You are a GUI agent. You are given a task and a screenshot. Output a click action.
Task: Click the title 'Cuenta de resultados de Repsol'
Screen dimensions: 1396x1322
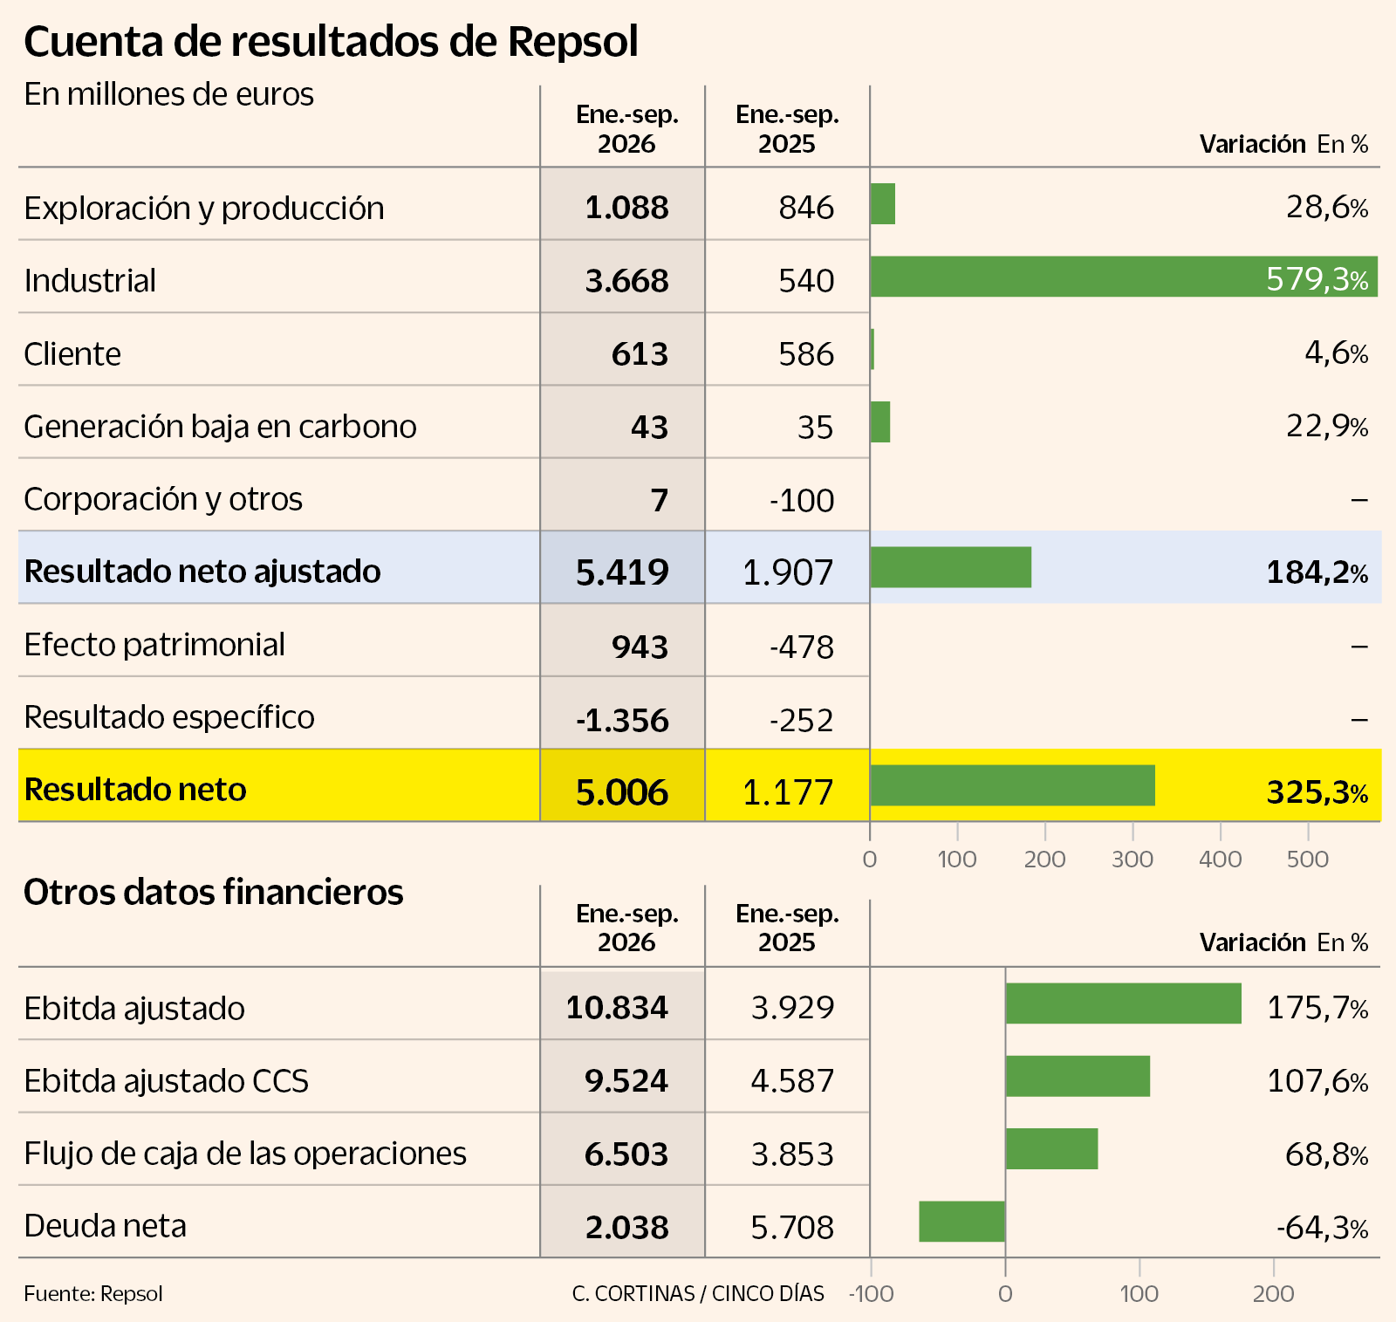click(x=331, y=43)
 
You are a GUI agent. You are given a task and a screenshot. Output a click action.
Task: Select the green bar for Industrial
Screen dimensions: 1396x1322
click(x=1124, y=277)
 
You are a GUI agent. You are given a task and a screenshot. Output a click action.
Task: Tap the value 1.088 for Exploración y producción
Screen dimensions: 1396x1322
click(x=626, y=208)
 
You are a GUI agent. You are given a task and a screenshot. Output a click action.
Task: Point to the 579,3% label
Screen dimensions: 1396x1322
click(x=1317, y=279)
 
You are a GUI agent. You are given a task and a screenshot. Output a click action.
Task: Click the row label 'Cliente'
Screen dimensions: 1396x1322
click(x=72, y=353)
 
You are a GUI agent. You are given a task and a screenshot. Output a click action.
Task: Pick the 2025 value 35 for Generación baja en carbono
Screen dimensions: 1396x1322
click(x=816, y=427)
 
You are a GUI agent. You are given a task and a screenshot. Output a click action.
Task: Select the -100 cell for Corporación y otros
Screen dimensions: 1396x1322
click(x=802, y=500)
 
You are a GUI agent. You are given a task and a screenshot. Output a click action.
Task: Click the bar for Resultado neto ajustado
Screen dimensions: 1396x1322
click(x=951, y=567)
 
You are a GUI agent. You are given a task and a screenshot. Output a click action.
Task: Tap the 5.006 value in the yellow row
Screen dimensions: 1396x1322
click(x=622, y=792)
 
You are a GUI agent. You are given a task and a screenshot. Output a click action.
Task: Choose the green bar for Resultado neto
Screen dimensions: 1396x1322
click(x=1013, y=785)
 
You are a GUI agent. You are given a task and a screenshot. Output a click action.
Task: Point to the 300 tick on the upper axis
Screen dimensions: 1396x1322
click(x=1133, y=859)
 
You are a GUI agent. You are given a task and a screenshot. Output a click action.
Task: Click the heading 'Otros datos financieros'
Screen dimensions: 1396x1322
click(x=214, y=892)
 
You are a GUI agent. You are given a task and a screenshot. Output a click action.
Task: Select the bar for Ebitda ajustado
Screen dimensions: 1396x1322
click(x=1124, y=1003)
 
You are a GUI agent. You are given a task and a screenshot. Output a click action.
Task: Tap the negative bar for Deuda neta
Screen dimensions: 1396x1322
click(x=962, y=1222)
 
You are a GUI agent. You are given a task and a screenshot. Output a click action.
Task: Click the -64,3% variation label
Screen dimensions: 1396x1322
click(x=1322, y=1228)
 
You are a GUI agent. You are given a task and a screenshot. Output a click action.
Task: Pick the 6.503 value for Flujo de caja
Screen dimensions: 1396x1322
click(x=626, y=1154)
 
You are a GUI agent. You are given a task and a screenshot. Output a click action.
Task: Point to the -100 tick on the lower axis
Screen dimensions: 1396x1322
click(x=872, y=1293)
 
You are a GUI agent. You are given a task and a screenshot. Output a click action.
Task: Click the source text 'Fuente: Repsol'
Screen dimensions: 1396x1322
click(x=93, y=1293)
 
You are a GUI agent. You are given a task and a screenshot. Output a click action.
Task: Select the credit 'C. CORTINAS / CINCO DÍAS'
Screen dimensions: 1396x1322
click(x=698, y=1293)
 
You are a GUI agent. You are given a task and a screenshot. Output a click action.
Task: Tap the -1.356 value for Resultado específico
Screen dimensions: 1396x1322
click(x=622, y=720)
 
